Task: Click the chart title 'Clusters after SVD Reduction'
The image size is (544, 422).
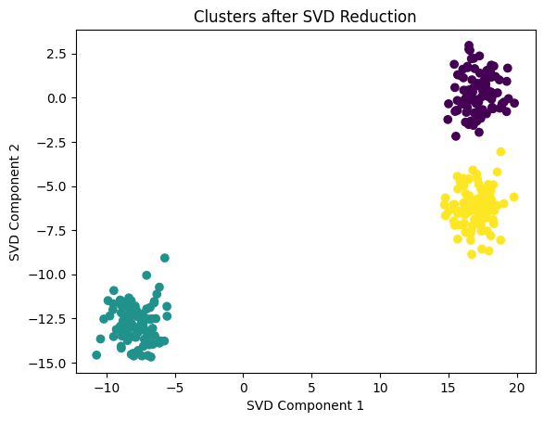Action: pos(303,16)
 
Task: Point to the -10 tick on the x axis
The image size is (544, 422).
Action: pos(107,385)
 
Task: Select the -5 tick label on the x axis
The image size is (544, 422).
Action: pos(175,385)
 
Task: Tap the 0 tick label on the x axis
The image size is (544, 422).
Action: pos(244,385)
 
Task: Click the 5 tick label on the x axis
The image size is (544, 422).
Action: pos(311,385)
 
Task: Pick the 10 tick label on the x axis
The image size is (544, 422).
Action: pos(380,385)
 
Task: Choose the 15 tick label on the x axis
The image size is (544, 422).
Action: pos(449,385)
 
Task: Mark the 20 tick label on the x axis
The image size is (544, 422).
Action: pos(516,385)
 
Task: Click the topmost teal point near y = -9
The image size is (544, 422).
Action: pos(165,258)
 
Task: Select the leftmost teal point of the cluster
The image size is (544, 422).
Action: pos(96,354)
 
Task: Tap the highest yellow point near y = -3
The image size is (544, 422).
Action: pos(500,151)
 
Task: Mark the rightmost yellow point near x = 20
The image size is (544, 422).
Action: pos(513,197)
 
